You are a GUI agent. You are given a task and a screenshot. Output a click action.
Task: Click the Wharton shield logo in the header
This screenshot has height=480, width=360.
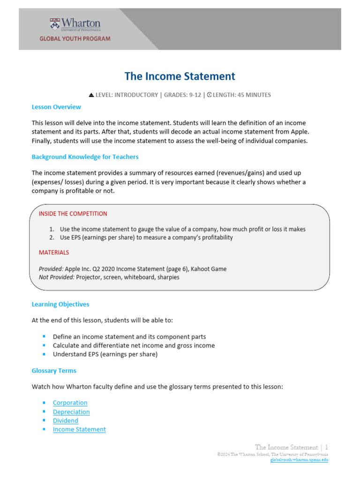coord(55,24)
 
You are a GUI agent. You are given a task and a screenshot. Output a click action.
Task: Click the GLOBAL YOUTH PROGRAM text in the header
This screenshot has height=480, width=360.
coord(75,39)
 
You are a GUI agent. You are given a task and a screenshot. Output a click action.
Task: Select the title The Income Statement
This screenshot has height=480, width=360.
coord(180,76)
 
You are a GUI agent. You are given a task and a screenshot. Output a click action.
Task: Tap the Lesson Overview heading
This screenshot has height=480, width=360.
coord(56,107)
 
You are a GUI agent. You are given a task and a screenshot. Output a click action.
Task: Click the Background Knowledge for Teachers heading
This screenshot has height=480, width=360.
coord(85,157)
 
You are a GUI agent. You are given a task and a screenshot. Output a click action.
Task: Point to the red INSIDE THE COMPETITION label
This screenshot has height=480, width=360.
coord(73,214)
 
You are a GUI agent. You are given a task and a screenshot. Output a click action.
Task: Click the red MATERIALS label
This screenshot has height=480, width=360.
coord(53,252)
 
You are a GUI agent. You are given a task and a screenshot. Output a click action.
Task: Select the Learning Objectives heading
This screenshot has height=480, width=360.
coord(60,304)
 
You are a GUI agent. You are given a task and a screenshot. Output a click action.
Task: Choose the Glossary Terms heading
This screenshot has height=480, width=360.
coord(54,370)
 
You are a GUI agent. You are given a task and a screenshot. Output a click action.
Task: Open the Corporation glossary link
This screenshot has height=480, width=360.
coord(70,403)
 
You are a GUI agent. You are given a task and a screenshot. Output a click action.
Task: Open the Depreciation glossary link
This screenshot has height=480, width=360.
coord(71,412)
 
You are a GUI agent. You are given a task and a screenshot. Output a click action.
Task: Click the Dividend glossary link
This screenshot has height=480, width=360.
coord(66,420)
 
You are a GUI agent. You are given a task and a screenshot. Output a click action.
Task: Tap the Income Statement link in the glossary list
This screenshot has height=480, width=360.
coord(79,429)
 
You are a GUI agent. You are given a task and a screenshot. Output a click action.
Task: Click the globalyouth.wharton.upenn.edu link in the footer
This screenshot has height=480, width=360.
coord(299,460)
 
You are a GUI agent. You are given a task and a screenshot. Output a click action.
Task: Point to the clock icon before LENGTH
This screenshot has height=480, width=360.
coord(209,95)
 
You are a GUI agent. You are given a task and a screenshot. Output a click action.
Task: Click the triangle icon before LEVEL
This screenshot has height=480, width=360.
coord(91,95)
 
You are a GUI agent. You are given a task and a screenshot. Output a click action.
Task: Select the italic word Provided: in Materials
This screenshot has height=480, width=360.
coord(51,269)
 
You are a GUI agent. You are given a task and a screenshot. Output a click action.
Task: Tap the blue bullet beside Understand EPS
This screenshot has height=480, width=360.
coord(44,354)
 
